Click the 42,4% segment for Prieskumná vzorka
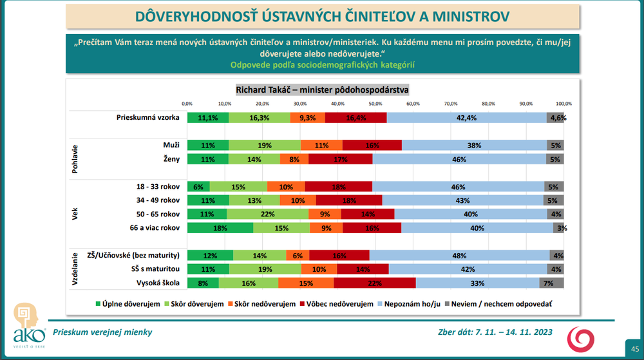(x=466, y=118)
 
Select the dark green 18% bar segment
(x=220, y=228)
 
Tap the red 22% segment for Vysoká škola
(x=375, y=283)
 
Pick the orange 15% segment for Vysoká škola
(x=306, y=283)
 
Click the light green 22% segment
(x=267, y=214)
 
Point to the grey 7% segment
(x=551, y=283)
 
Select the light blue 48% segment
(x=459, y=255)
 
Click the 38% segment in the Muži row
(x=474, y=146)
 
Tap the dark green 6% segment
(x=198, y=187)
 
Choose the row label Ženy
(x=171, y=159)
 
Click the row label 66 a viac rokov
(x=155, y=227)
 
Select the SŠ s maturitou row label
(x=155, y=269)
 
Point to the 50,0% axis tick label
(x=375, y=104)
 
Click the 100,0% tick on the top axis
(x=563, y=104)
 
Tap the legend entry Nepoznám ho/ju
(x=409, y=304)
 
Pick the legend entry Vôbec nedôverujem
(x=336, y=304)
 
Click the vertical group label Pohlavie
(x=75, y=159)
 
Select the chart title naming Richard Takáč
(x=322, y=90)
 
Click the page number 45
(x=635, y=349)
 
